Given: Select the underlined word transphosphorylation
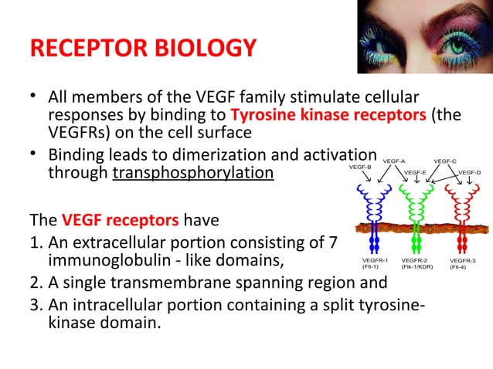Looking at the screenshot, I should tap(193, 171).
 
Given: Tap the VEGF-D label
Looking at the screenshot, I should tap(470, 172).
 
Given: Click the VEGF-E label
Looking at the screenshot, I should tap(416, 172).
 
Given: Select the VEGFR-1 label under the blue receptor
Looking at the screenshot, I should tap(375, 260).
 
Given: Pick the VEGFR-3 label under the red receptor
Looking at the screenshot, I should tap(463, 260).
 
